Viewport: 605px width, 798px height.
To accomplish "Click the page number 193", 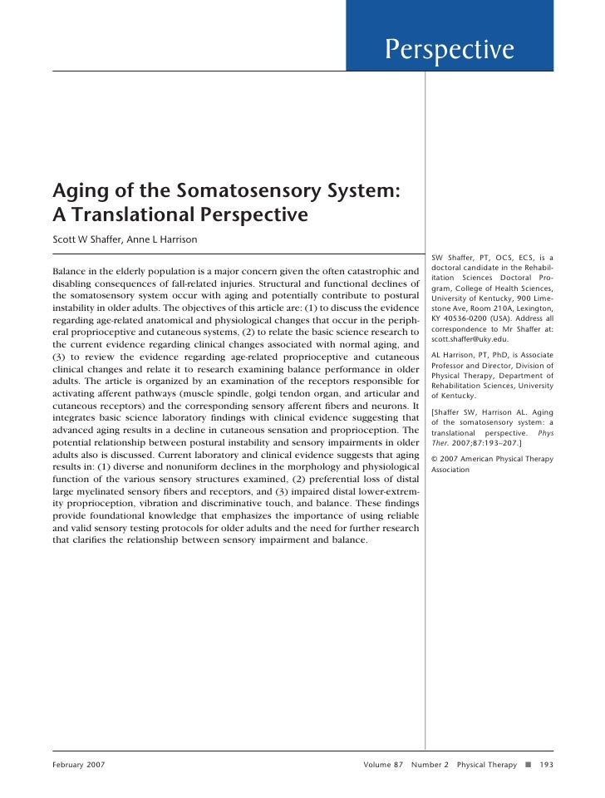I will point(547,763).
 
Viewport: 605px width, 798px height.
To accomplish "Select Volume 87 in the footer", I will point(382,763).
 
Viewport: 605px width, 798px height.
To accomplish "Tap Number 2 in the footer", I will point(429,763).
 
